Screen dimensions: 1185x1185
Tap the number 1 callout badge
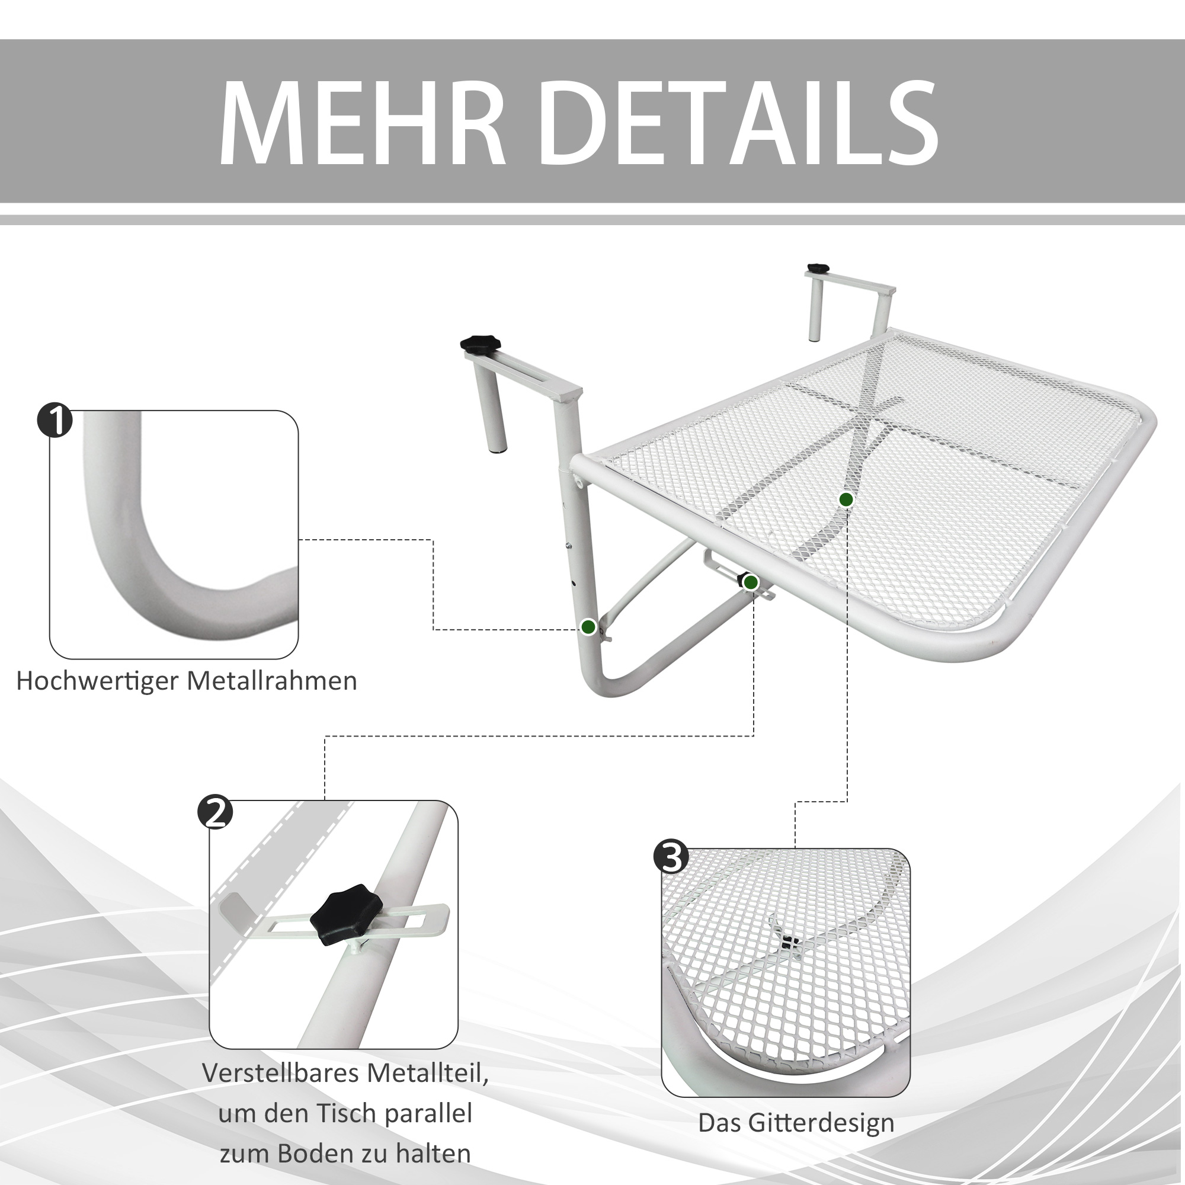coord(55,420)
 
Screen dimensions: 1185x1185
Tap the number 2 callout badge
coord(215,813)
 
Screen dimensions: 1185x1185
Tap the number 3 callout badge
coord(671,857)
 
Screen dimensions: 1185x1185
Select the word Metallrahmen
coord(272,681)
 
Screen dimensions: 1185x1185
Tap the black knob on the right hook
coord(818,268)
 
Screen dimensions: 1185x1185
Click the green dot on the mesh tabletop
coord(847,500)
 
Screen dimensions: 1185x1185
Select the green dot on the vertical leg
coord(588,627)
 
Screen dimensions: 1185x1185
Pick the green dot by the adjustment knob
coord(751,582)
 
